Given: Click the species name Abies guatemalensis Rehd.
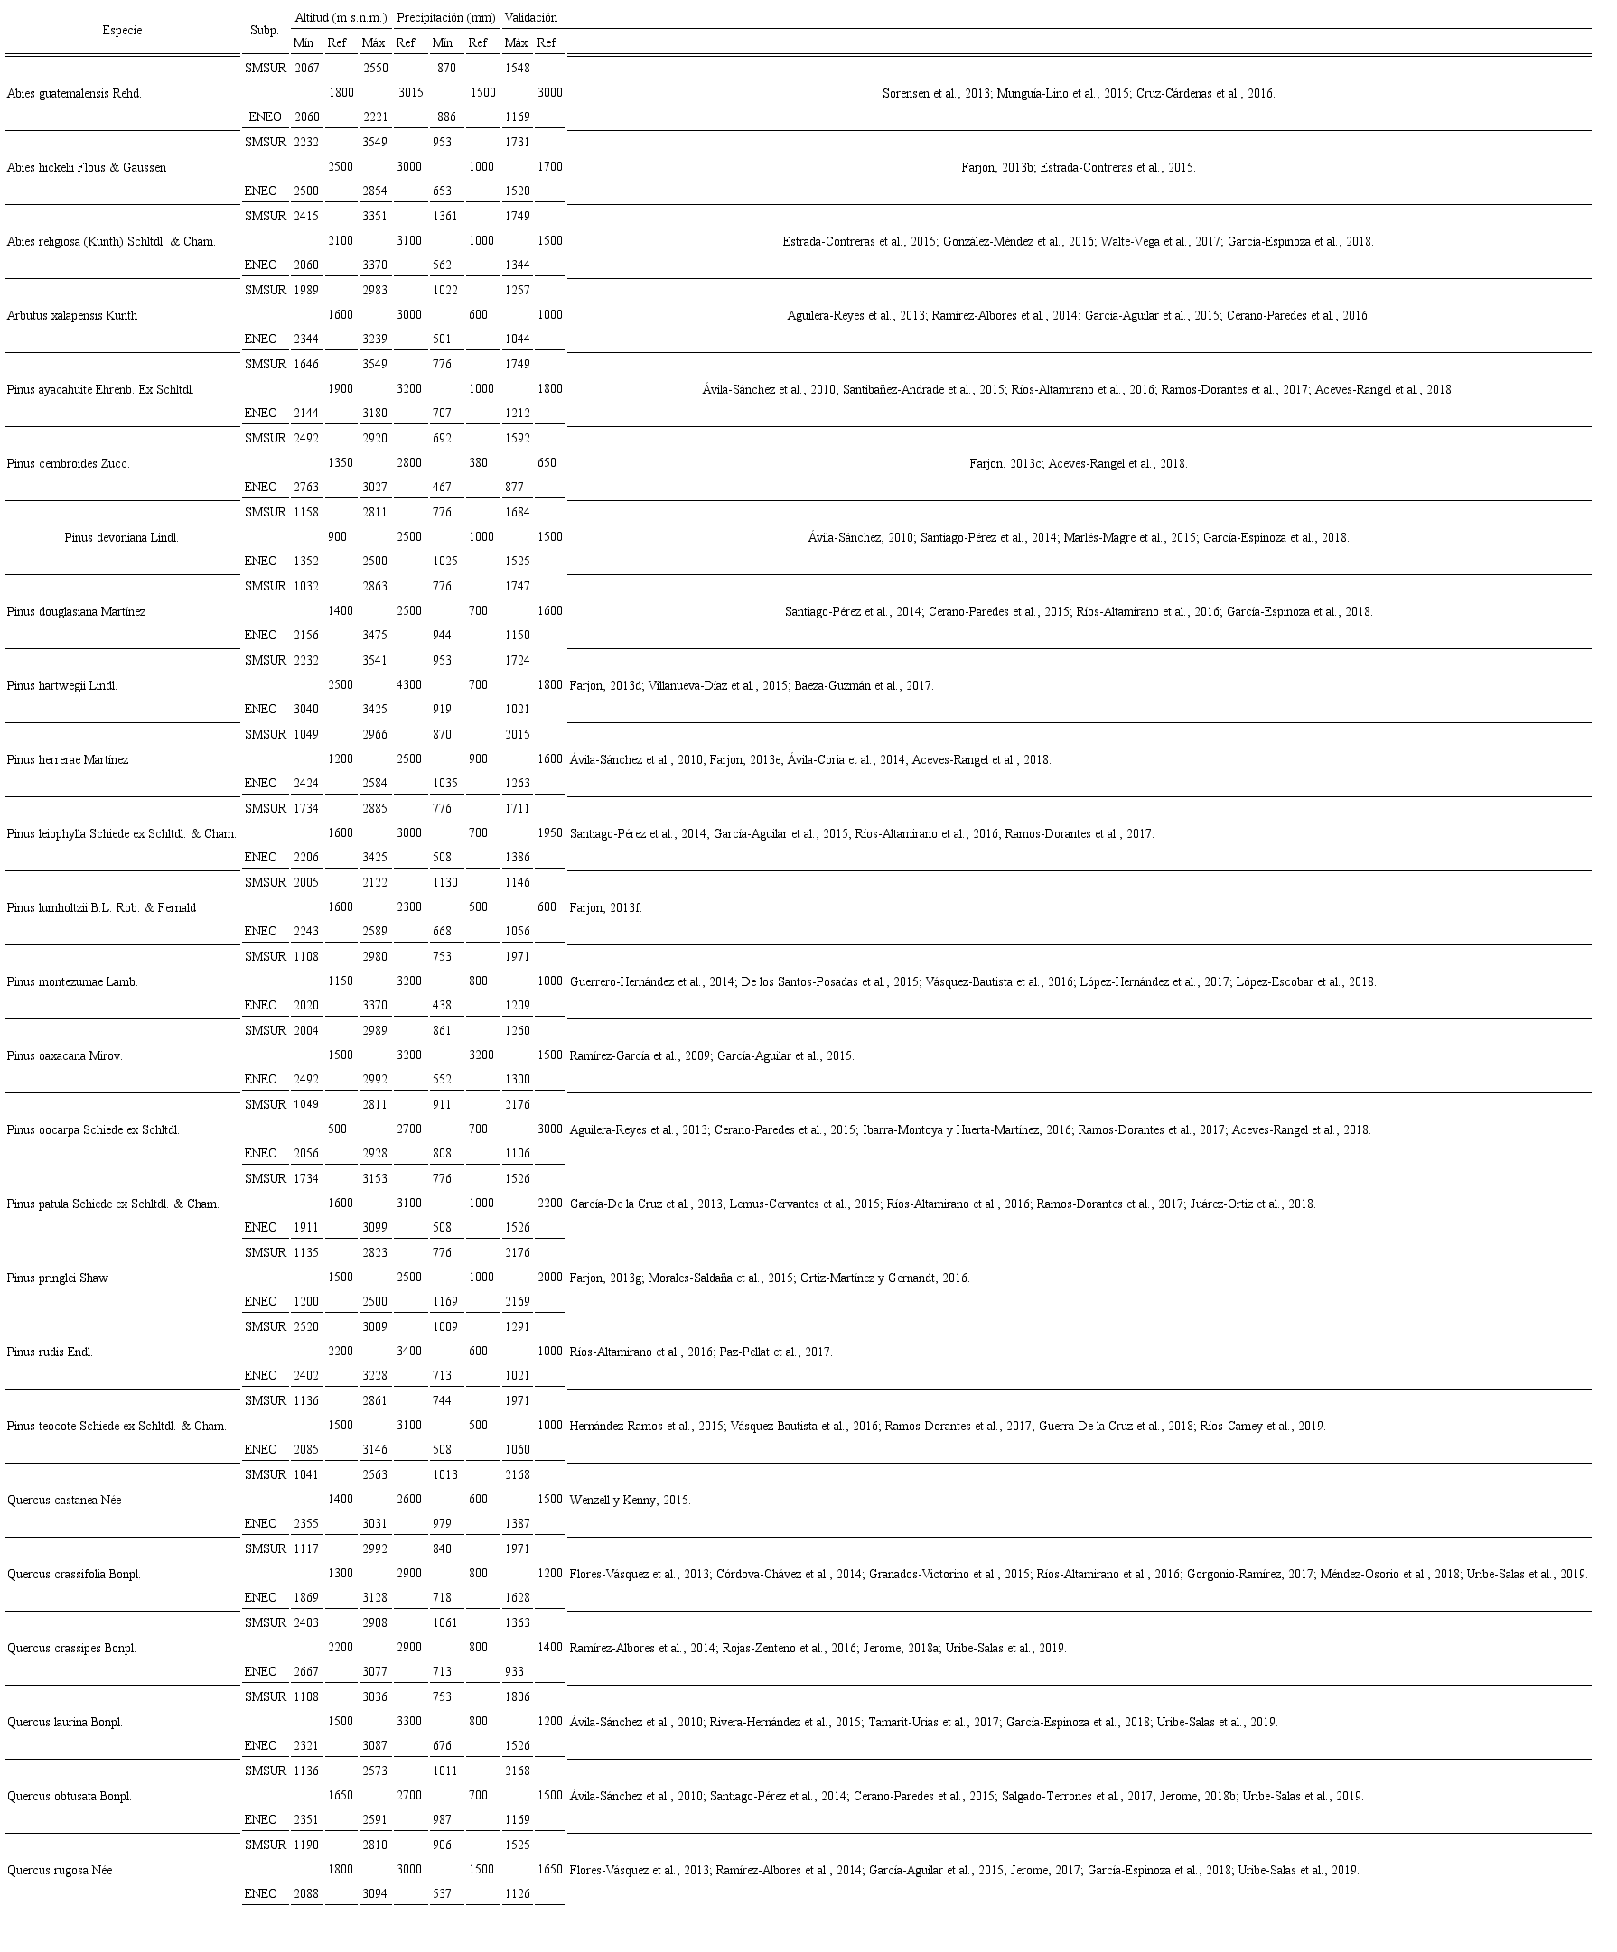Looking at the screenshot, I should coord(73,93).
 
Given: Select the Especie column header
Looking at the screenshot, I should coord(122,31).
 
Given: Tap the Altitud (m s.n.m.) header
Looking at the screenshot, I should coord(341,18).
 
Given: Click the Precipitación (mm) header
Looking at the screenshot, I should coord(445,18).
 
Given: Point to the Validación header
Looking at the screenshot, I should coord(531,18).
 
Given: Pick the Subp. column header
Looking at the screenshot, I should coord(264,31).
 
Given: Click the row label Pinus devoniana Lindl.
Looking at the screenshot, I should coord(121,537).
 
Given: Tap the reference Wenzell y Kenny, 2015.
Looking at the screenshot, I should coord(630,1501).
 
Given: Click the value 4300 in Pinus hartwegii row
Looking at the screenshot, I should coord(409,685).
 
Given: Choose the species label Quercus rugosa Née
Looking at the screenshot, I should coord(60,1870).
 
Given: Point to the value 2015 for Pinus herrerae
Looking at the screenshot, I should coord(517,734).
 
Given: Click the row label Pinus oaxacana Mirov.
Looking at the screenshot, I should coord(64,1056).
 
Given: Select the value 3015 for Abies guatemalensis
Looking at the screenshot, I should coord(411,93).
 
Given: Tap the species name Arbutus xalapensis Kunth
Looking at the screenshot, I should coord(71,315).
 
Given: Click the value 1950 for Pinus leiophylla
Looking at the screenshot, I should coord(549,832).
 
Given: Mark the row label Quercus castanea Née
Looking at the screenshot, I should coord(63,1501).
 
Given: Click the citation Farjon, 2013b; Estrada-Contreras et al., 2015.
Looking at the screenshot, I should coord(1078,167).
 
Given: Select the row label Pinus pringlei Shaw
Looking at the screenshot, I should coord(57,1278).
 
